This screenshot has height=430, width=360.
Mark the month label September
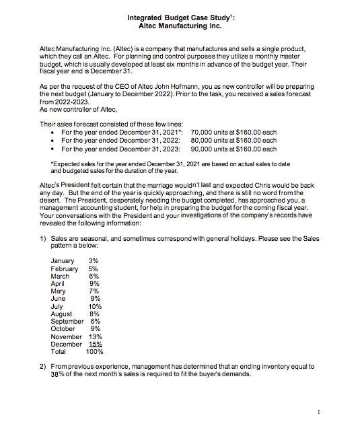tap(67, 320)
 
